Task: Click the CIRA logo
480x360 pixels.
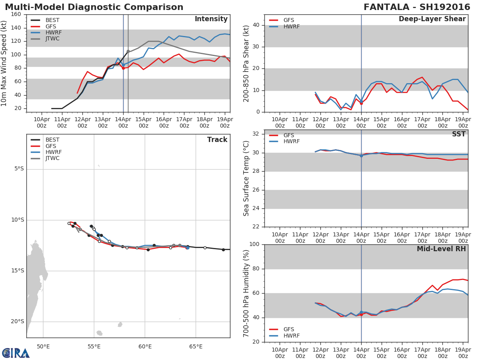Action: [x=16, y=353]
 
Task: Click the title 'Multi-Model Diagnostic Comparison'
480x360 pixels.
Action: [x=94, y=7]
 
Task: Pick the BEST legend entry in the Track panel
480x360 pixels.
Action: [x=52, y=140]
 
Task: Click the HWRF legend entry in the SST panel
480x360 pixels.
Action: [x=291, y=142]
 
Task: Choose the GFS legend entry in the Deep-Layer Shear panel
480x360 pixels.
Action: [x=288, y=20]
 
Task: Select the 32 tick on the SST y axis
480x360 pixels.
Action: [x=256, y=134]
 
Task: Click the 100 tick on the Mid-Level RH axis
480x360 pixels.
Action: [x=254, y=244]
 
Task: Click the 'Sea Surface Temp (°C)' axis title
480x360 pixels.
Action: [x=246, y=178]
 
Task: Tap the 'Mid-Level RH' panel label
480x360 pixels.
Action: [x=441, y=249]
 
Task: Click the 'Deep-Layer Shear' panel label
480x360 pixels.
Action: [x=432, y=19]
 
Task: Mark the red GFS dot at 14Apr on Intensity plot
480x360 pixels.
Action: [x=123, y=68]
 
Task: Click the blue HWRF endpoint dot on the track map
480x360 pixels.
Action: [x=187, y=248]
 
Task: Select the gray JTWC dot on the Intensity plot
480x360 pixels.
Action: [x=128, y=51]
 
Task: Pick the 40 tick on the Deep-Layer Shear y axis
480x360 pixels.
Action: [x=256, y=25]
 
